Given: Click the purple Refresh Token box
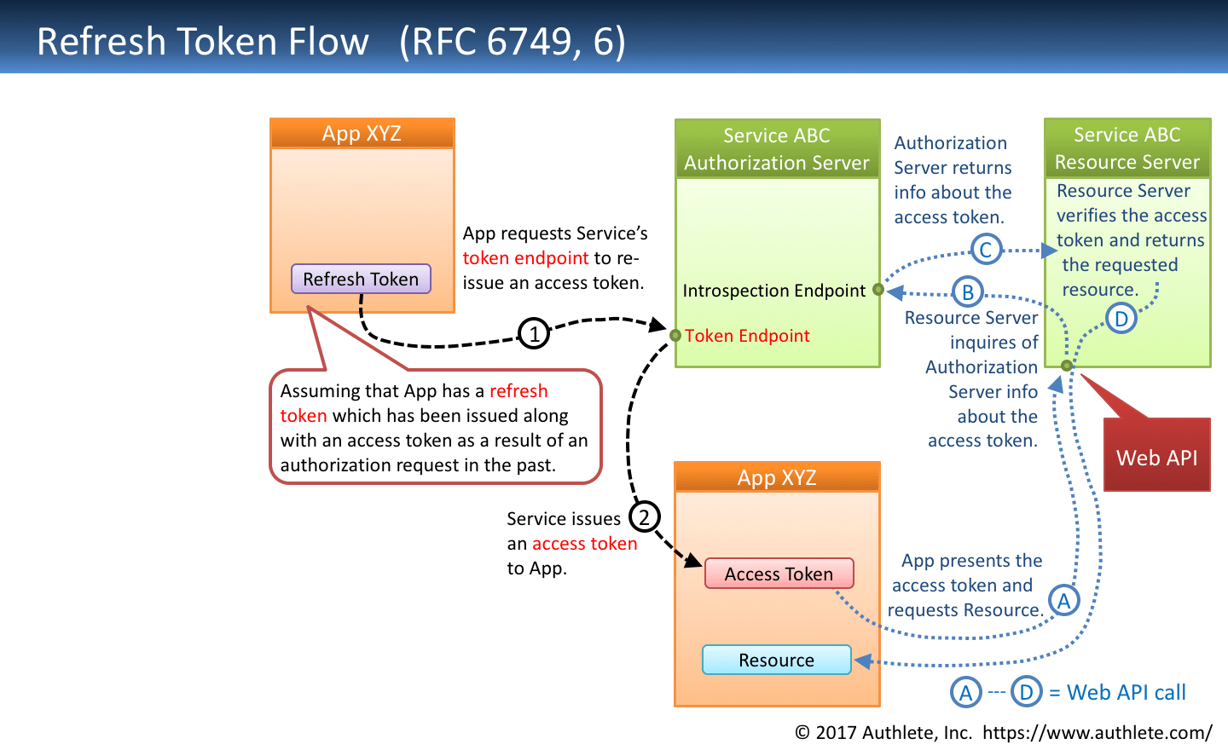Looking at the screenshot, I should click(x=361, y=279).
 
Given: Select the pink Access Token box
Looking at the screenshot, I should click(x=779, y=574).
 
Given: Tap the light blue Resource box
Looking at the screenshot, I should click(x=776, y=660).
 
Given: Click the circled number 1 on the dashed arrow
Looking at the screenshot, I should click(x=534, y=332).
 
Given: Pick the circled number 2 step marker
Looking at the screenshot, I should click(x=644, y=516).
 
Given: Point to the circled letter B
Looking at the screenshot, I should click(x=968, y=292).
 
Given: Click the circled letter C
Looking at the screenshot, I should click(x=986, y=250).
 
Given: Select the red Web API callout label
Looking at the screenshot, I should click(x=1156, y=457).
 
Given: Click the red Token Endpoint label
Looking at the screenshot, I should click(x=747, y=336).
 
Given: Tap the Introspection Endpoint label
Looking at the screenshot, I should click(x=773, y=291).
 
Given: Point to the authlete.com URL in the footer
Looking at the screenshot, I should click(x=1097, y=732).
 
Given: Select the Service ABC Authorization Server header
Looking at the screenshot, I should click(x=777, y=149).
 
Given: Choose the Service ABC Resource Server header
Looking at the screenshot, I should click(x=1127, y=148).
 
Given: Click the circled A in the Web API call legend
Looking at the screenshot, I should click(x=965, y=692).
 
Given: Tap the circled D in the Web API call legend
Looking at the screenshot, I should click(x=1027, y=692).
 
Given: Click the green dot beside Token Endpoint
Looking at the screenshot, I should click(x=675, y=336).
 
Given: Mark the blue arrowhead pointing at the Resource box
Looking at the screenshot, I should click(x=863, y=661).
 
